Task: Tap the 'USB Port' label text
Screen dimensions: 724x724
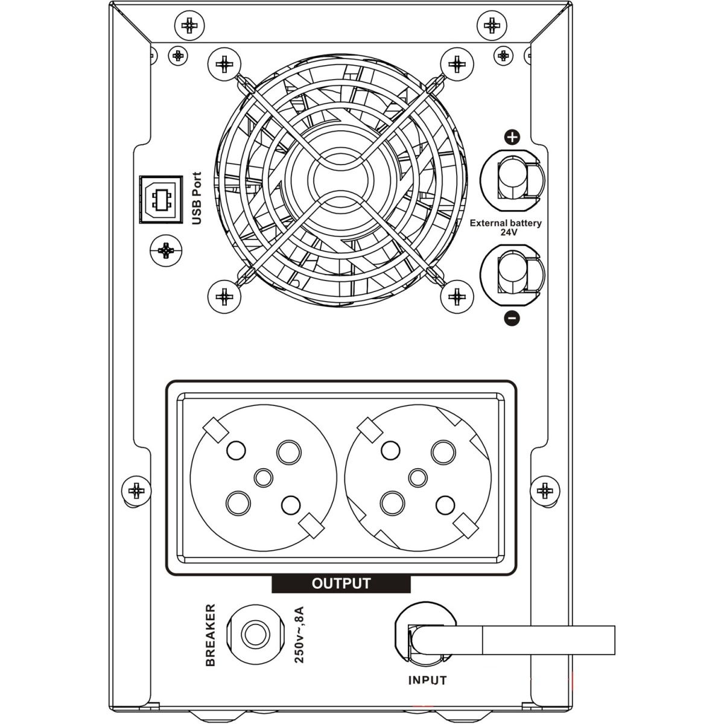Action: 196,199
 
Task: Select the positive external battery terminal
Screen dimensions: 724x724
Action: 511,178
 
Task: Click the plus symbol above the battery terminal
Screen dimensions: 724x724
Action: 512,138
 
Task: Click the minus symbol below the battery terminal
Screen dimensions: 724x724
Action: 512,318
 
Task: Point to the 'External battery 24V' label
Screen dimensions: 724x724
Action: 506,227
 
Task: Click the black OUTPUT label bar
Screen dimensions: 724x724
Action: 341,583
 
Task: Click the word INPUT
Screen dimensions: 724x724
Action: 428,681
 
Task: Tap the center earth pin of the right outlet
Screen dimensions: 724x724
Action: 418,478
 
